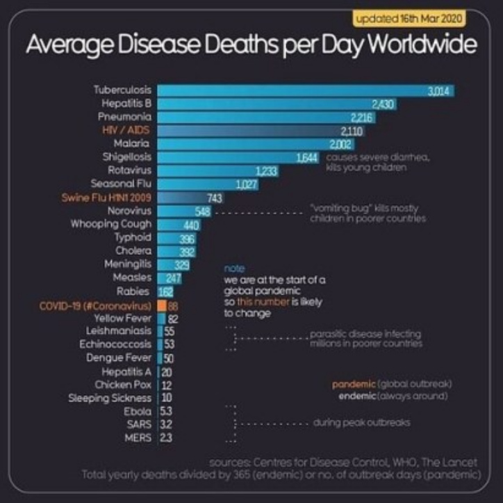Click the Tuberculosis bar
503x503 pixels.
[x=292, y=90]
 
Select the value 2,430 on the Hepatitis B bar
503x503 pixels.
[x=384, y=104]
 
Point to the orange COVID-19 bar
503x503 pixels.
[x=161, y=305]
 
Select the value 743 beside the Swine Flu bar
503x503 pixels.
[x=215, y=198]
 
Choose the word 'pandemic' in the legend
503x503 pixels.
[x=354, y=383]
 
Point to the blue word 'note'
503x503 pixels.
[x=231, y=268]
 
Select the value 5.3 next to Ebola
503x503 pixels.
[x=167, y=410]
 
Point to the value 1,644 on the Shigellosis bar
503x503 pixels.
[x=307, y=157]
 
